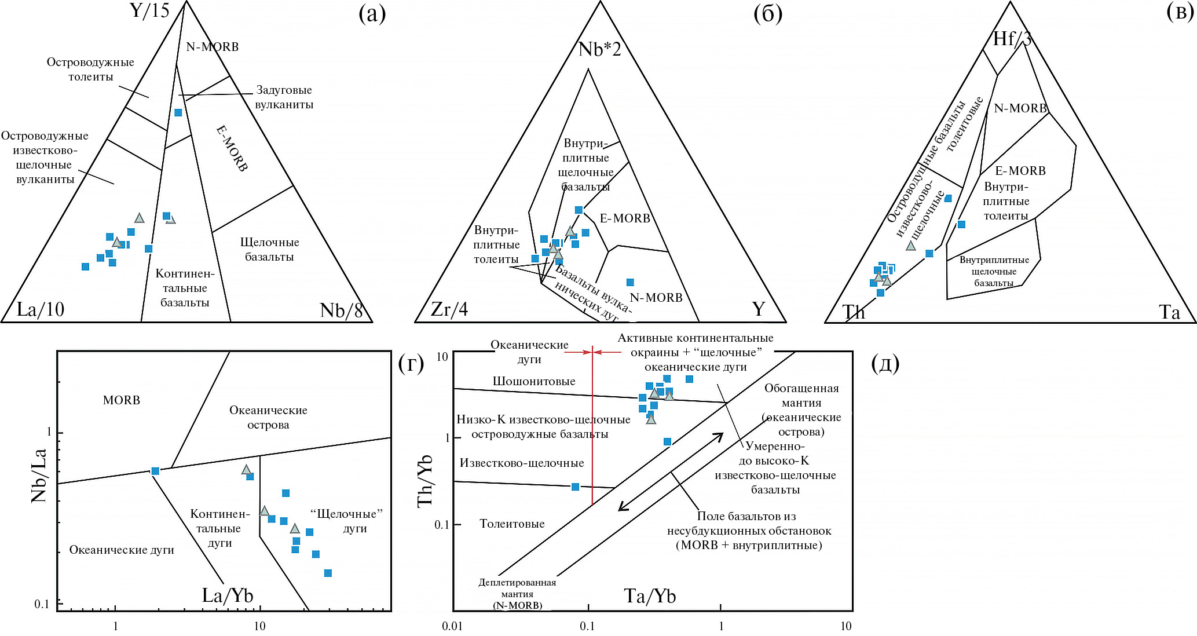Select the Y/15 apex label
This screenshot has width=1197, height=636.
click(149, 10)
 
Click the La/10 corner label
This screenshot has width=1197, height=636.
click(40, 309)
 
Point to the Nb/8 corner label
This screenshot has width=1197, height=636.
click(341, 310)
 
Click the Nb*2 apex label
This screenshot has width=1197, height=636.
click(600, 49)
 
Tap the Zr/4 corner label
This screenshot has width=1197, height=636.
click(449, 309)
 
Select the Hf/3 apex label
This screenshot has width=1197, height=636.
click(1012, 39)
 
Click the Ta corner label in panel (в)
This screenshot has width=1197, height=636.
click(1169, 313)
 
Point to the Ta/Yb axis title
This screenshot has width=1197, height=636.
click(650, 596)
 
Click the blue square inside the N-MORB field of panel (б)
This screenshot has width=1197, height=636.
click(630, 283)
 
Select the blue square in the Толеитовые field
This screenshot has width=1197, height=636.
click(575, 487)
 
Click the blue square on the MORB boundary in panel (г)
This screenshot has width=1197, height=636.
click(155, 471)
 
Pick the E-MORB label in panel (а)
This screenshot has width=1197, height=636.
click(232, 148)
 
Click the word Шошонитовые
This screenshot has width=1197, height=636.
click(534, 381)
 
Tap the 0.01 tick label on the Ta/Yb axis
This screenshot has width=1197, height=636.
click(452, 626)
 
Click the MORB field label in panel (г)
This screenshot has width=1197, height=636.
click(122, 400)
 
